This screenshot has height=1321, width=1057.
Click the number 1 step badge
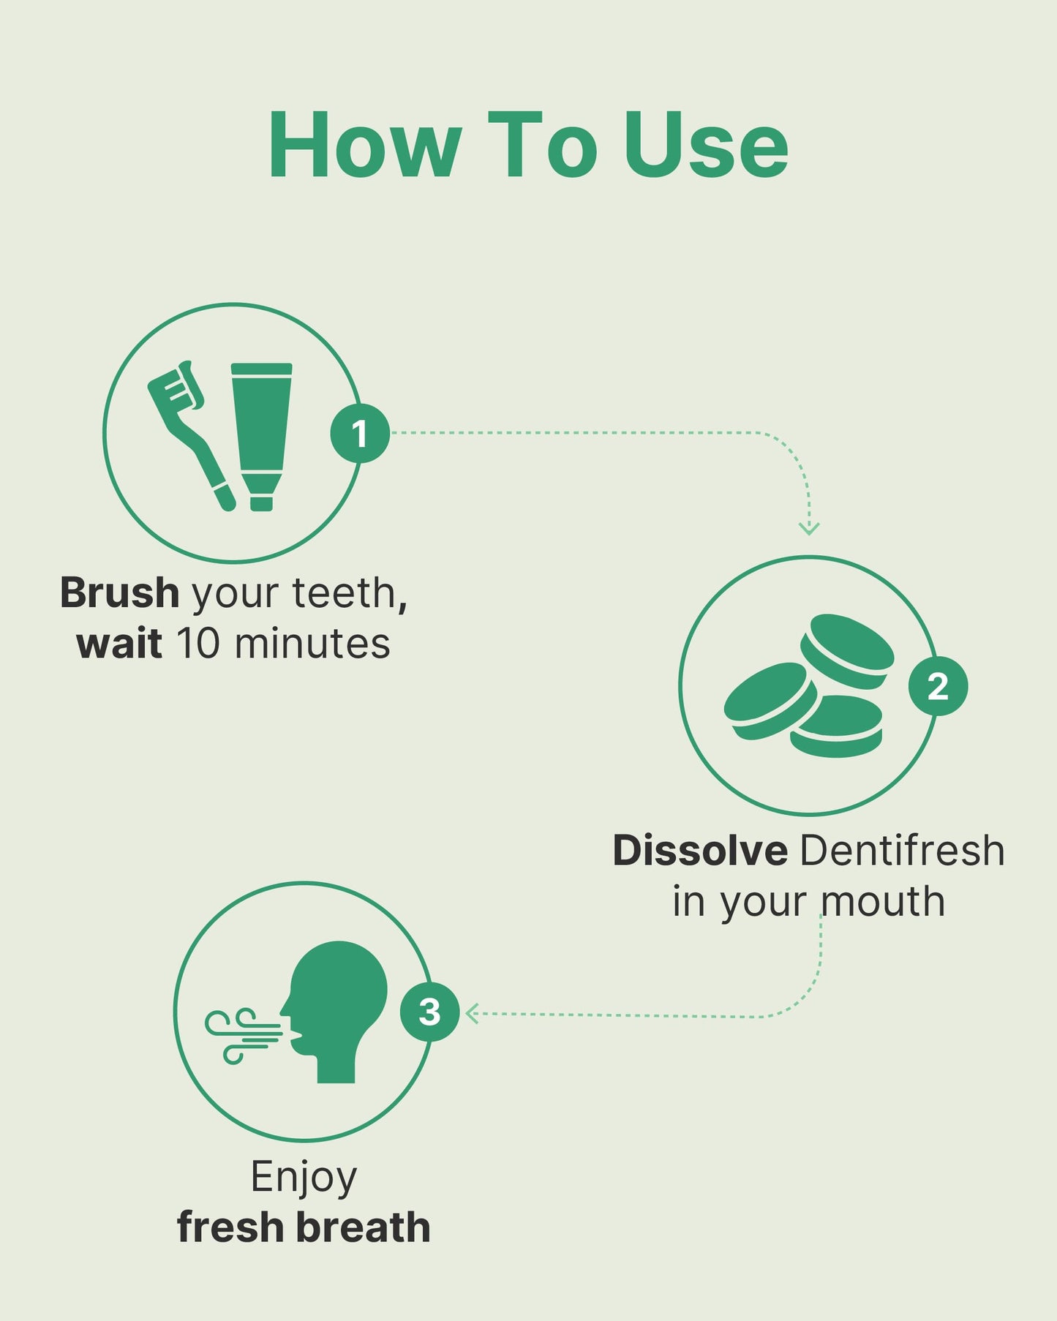coord(360,433)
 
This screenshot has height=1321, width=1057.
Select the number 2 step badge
coord(938,686)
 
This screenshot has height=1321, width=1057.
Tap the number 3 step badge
coord(429,1012)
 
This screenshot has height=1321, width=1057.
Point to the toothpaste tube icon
coord(262,437)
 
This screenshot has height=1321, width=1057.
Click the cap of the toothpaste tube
coord(261,503)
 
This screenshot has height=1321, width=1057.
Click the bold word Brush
coord(119,592)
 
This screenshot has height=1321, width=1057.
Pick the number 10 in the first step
coord(198,644)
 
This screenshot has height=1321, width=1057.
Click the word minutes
coord(313,644)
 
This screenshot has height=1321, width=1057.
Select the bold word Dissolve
coord(700,851)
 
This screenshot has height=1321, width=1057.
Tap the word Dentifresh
coord(903,851)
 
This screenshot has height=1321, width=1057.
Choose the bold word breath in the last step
coord(364,1227)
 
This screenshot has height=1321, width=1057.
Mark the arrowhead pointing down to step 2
coord(809,528)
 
